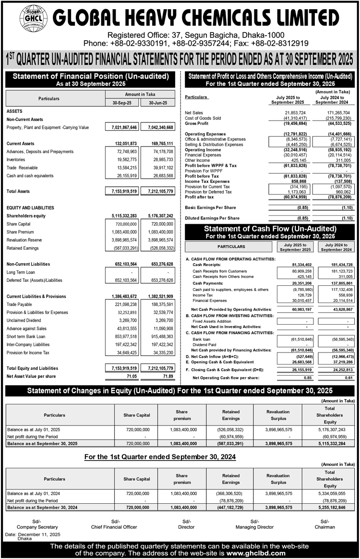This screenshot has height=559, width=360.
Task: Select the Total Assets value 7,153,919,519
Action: (122, 191)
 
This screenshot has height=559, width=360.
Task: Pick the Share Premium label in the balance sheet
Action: (20, 231)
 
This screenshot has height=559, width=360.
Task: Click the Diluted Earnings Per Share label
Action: (212, 218)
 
